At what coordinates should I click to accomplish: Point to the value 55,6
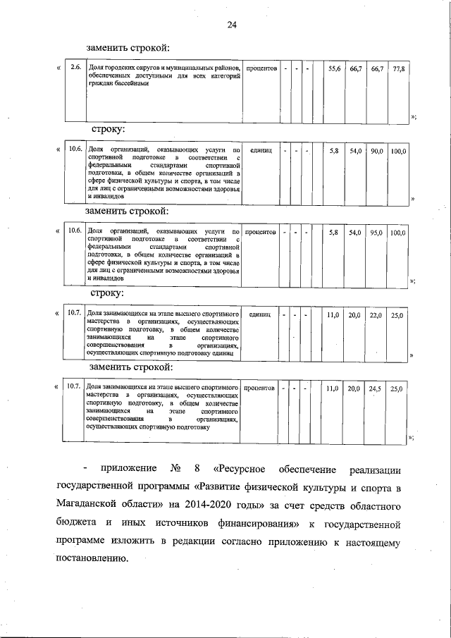coord(335,68)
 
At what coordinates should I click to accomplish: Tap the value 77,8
coord(398,68)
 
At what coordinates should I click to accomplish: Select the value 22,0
coord(376,315)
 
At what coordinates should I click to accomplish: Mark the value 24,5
coord(376,388)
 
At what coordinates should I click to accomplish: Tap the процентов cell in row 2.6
coord(260,68)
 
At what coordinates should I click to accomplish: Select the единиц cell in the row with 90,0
coord(260,151)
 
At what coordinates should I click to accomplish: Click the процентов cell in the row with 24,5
coord(260,388)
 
